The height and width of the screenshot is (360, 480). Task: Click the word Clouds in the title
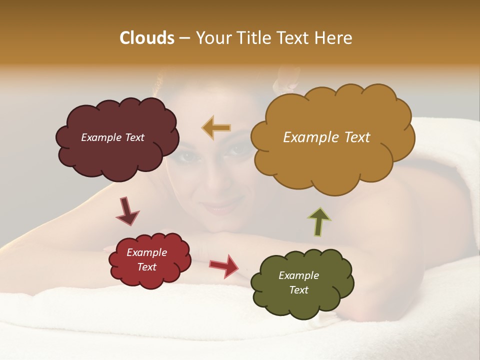pos(146,38)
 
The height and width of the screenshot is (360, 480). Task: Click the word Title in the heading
pos(253,38)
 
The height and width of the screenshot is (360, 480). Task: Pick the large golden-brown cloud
pos(332,160)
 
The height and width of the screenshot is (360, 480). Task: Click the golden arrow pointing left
pos(216,127)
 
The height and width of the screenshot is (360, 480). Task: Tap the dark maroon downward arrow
pos(127,211)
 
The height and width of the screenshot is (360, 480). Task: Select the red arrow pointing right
pos(224,265)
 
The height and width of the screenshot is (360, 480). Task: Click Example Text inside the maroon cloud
pos(112,137)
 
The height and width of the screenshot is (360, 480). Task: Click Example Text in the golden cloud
pos(326,137)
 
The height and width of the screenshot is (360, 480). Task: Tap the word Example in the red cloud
pos(146,252)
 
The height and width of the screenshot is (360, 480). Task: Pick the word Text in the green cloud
pos(298,290)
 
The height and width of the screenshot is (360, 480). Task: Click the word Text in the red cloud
pos(146,267)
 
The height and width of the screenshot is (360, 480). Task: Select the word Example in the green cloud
pos(298,275)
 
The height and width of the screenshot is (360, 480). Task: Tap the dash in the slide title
pos(183,38)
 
